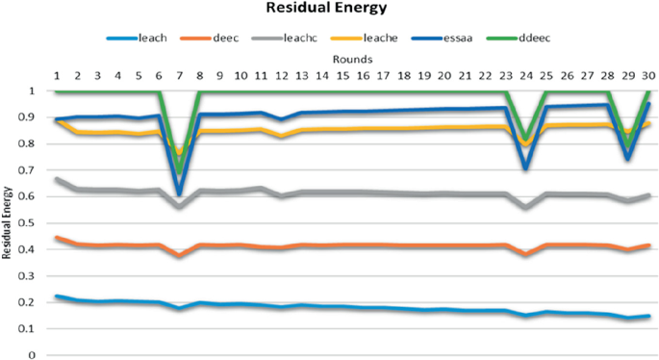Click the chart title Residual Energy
(328, 12)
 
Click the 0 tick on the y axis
(33, 355)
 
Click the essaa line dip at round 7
(180, 193)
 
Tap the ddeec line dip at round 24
(525, 141)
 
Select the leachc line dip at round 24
(525, 207)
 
